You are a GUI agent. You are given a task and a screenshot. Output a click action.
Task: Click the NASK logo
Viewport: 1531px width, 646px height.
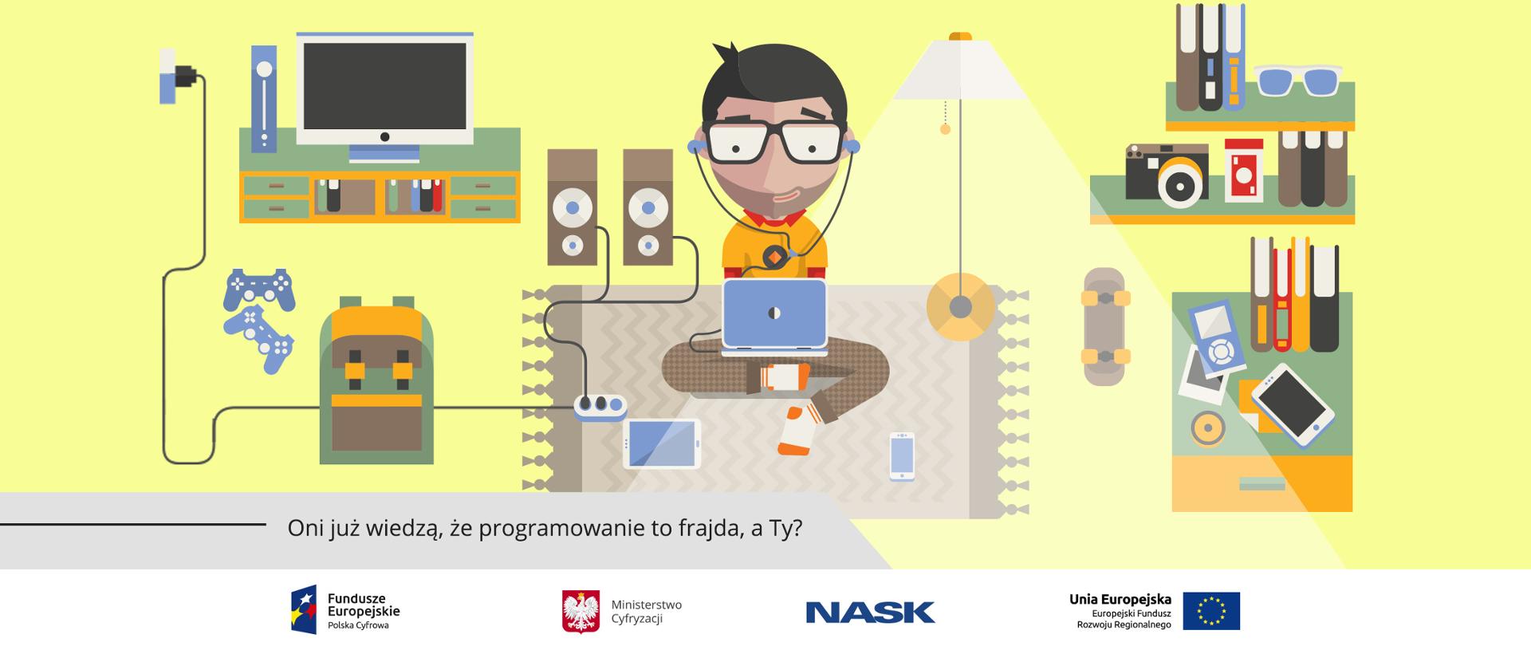[x=870, y=612]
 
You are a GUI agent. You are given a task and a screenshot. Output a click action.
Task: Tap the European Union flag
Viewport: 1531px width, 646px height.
[x=1210, y=611]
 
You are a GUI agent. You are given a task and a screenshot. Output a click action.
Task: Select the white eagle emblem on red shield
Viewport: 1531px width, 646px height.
[x=581, y=612]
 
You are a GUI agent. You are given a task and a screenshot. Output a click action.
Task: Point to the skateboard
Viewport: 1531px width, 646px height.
[x=1104, y=326]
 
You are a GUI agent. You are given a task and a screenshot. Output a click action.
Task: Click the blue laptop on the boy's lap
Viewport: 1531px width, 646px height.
[x=773, y=314]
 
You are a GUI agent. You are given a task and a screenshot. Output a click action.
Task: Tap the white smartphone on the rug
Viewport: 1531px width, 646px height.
[x=902, y=456]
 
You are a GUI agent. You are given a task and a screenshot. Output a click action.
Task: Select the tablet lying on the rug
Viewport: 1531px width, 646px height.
[x=661, y=443]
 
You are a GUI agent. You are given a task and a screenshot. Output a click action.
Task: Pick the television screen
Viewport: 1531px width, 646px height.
[x=384, y=86]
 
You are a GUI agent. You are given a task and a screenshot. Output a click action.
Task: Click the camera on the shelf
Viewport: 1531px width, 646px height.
[x=1166, y=175]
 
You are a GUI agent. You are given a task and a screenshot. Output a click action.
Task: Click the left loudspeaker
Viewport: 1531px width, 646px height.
[x=572, y=207]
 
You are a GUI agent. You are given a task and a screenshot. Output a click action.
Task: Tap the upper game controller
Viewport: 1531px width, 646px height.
[x=259, y=290]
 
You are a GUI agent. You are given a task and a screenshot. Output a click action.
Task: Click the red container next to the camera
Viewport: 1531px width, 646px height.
[x=1244, y=170]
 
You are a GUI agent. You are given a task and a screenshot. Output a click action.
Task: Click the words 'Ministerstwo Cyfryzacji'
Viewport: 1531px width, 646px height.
[x=646, y=612]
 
